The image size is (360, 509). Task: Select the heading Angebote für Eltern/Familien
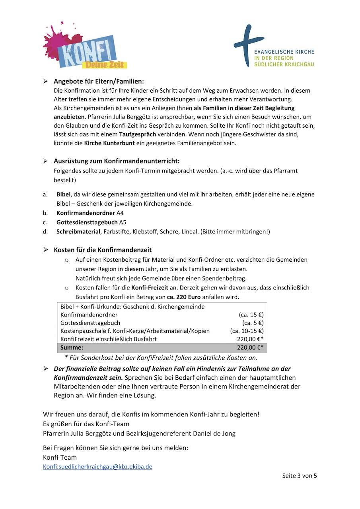click(99, 81)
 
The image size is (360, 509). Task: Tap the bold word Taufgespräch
click(137, 134)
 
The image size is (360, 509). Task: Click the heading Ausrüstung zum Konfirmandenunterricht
click(117, 161)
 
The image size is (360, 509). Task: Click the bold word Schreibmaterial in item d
click(78, 231)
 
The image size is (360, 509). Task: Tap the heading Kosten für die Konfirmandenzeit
click(103, 250)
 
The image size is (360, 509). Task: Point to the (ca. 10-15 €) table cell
click(247, 331)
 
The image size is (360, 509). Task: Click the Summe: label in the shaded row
click(72, 348)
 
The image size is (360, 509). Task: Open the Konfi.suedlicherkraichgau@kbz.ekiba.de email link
click(97, 467)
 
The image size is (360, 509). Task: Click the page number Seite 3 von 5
click(299, 476)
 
